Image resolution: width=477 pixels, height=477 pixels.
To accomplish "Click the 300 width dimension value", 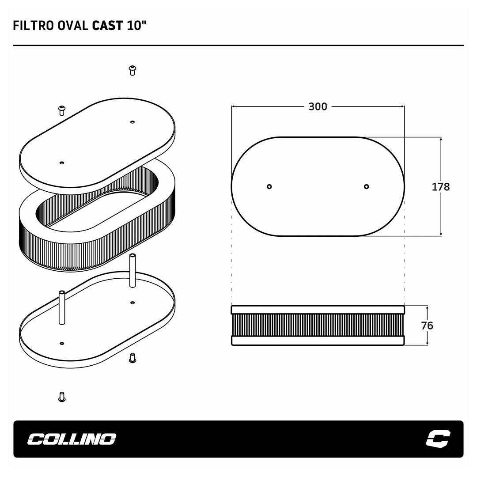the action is [318, 106].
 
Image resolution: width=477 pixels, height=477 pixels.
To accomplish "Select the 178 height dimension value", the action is [441, 186].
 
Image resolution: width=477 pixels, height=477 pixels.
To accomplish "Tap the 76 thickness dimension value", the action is [427, 326].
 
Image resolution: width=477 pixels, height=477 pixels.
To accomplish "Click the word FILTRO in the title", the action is [33, 26].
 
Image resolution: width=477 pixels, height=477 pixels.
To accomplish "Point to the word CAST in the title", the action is [107, 26].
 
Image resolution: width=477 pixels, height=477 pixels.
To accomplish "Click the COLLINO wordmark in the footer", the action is [72, 439].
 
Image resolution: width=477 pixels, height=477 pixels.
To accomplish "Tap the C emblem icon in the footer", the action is [438, 439].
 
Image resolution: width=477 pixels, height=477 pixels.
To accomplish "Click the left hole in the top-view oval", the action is [269, 186].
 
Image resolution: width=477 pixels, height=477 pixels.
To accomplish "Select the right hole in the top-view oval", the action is [366, 186].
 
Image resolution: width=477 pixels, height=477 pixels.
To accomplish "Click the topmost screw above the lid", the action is [132, 70].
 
